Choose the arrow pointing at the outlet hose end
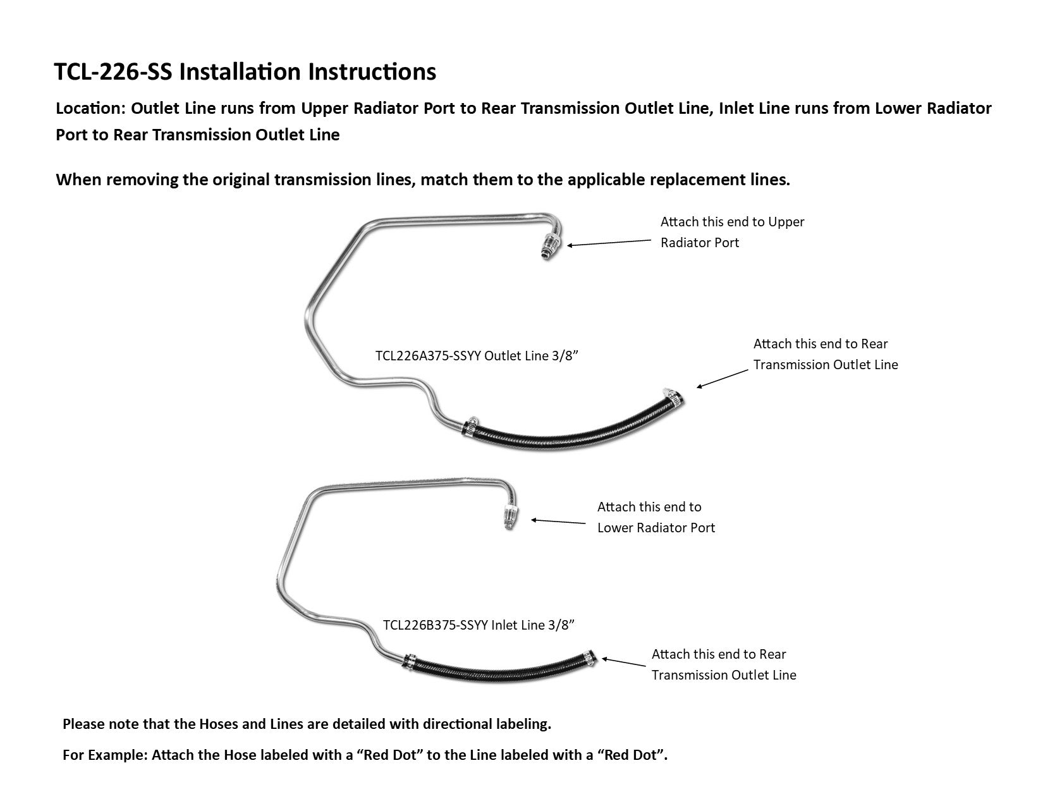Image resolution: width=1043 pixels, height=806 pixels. pos(722,379)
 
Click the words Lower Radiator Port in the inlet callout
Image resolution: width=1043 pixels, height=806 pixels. pos(656,528)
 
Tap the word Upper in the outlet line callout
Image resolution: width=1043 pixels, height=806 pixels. pos(786,222)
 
